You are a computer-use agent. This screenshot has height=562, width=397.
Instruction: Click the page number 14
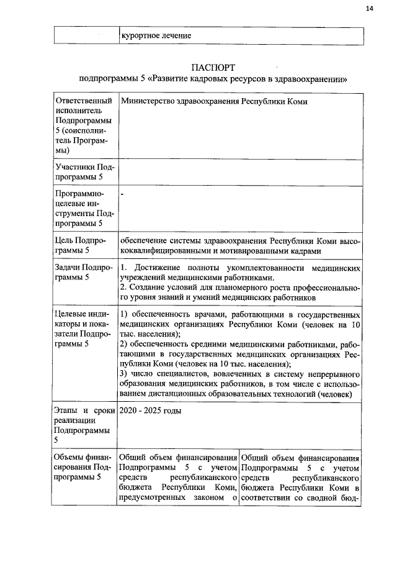point(370,8)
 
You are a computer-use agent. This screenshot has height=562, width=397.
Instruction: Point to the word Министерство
point(147,101)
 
